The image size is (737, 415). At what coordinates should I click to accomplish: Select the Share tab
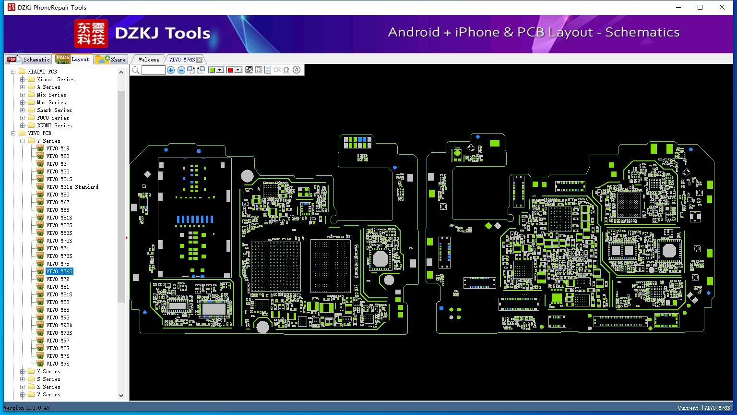[111, 60]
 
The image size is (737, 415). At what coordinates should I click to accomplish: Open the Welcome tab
[148, 60]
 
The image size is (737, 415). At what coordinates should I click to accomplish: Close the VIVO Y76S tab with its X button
[199, 60]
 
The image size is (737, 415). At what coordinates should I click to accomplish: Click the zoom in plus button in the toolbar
[171, 70]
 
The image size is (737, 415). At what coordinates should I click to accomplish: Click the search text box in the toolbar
[153, 70]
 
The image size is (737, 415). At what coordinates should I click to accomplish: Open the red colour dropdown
[238, 70]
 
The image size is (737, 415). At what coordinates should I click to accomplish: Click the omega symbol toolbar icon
[286, 70]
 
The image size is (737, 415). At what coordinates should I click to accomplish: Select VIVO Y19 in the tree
[58, 148]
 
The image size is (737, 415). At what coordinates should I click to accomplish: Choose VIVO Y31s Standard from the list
[72, 187]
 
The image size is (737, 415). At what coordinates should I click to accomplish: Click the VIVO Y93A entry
[59, 325]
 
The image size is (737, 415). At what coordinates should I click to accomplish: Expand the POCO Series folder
[22, 118]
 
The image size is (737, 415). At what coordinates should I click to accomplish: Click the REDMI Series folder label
[54, 125]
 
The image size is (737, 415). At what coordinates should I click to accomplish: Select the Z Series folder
[48, 387]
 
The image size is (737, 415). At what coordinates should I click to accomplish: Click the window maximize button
[700, 7]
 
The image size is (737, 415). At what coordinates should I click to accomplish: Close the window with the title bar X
[722, 7]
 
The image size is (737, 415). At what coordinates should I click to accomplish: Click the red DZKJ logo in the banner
[91, 33]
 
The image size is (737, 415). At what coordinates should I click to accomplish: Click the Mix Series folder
[51, 95]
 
